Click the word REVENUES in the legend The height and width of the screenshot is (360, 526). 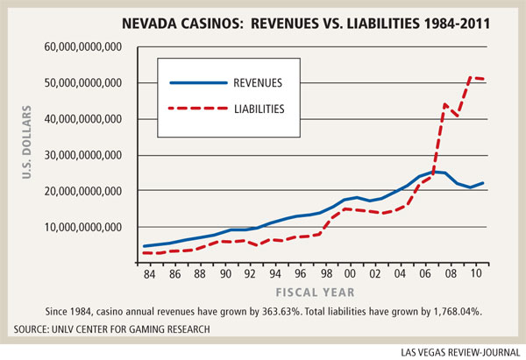click(263, 84)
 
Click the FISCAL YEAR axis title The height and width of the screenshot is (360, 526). click(313, 292)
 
